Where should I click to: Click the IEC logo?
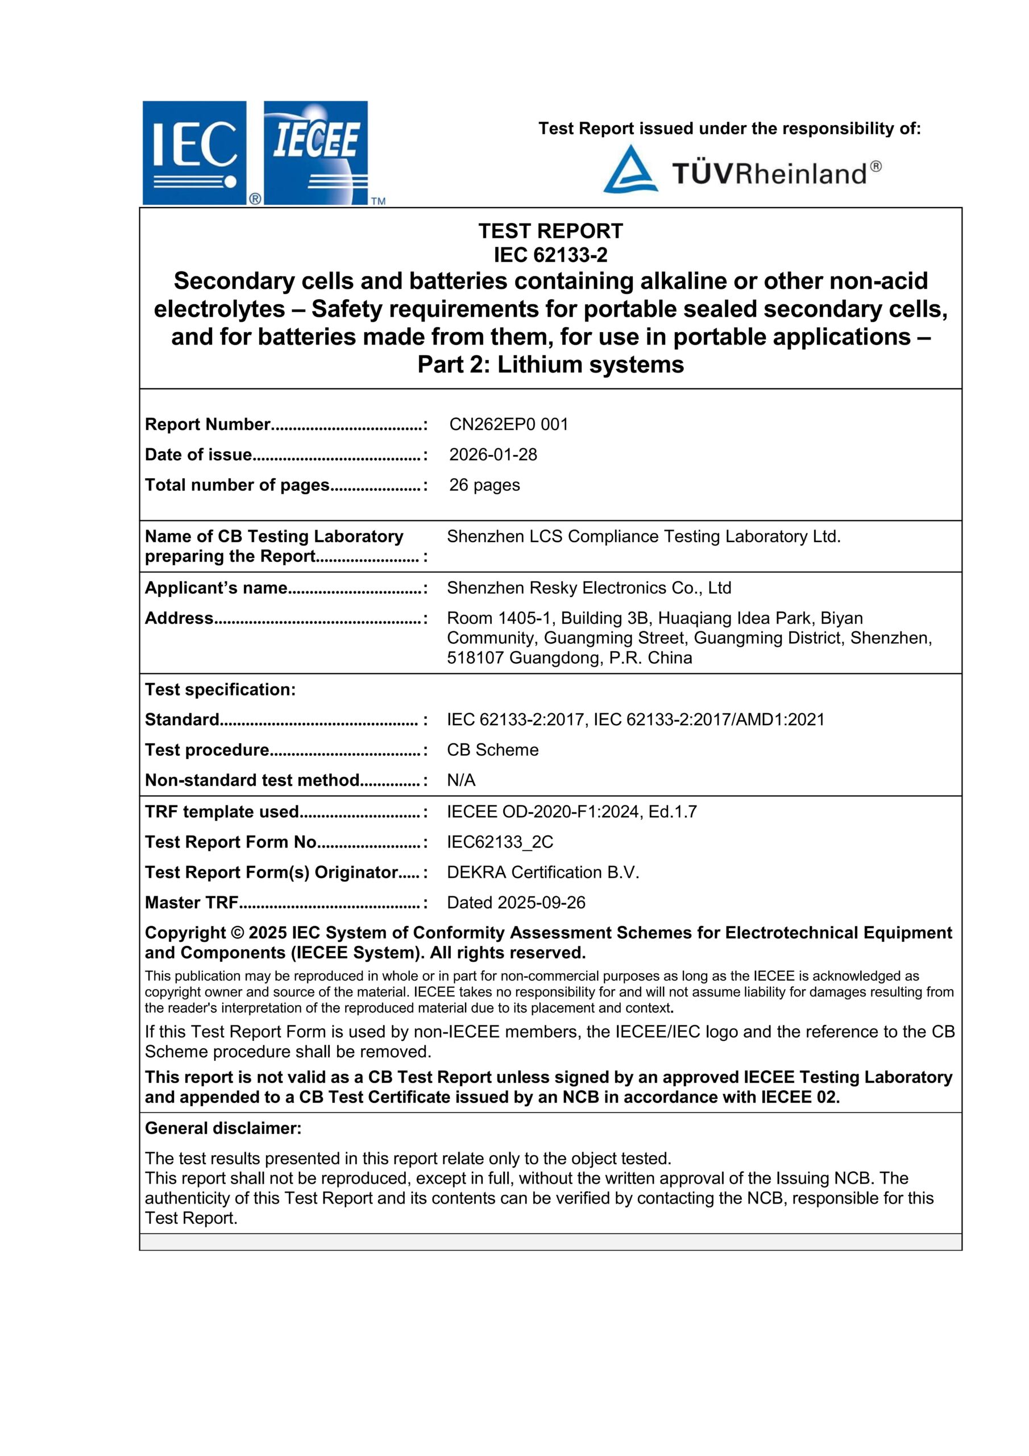tap(194, 153)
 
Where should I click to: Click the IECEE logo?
tap(316, 153)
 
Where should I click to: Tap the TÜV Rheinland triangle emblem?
tap(629, 169)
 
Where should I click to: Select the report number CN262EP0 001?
tap(508, 424)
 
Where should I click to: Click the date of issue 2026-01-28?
tap(493, 454)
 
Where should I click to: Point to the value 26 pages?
tap(484, 485)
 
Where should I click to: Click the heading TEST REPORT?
tap(550, 231)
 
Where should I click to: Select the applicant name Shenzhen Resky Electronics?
tap(588, 588)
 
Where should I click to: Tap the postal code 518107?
tap(475, 657)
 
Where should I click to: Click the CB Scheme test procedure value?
tap(493, 750)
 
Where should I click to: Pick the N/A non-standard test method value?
tap(461, 780)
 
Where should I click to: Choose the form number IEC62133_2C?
tap(500, 842)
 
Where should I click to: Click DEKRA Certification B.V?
tap(543, 872)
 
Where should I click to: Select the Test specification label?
tap(220, 689)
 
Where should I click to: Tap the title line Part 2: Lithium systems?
tap(550, 365)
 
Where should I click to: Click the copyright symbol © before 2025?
tap(236, 933)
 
